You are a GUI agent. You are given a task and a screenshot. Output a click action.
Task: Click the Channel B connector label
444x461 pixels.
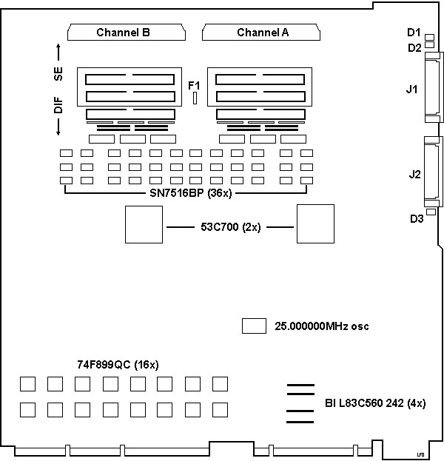pyautogui.click(x=124, y=33)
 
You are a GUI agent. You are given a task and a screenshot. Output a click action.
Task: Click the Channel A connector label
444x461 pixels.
pyautogui.click(x=263, y=33)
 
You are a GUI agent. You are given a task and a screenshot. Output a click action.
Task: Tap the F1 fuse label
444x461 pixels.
pyautogui.click(x=195, y=84)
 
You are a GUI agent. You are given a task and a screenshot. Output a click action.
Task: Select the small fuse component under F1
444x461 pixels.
pyautogui.click(x=195, y=98)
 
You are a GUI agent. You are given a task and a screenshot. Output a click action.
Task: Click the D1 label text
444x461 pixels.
pyautogui.click(x=414, y=33)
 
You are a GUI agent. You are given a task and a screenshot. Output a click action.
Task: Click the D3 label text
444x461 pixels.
pyautogui.click(x=417, y=218)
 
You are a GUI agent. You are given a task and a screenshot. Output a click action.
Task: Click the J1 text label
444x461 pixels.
pyautogui.click(x=412, y=90)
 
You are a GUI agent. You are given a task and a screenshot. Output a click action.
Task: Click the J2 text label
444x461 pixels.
pyautogui.click(x=415, y=175)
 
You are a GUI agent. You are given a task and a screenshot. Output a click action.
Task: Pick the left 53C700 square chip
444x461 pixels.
pyautogui.click(x=143, y=224)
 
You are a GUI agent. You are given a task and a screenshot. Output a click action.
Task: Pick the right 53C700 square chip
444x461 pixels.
pyautogui.click(x=314, y=224)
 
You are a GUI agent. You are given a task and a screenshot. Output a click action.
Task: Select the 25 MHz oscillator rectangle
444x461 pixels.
pyautogui.click(x=254, y=326)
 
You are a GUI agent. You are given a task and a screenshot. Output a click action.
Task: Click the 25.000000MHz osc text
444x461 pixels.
pyautogui.click(x=322, y=326)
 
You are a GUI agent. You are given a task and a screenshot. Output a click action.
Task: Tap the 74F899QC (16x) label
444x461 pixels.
pyautogui.click(x=118, y=365)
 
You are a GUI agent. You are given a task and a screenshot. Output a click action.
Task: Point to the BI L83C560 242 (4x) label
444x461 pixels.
pyautogui.click(x=374, y=403)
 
